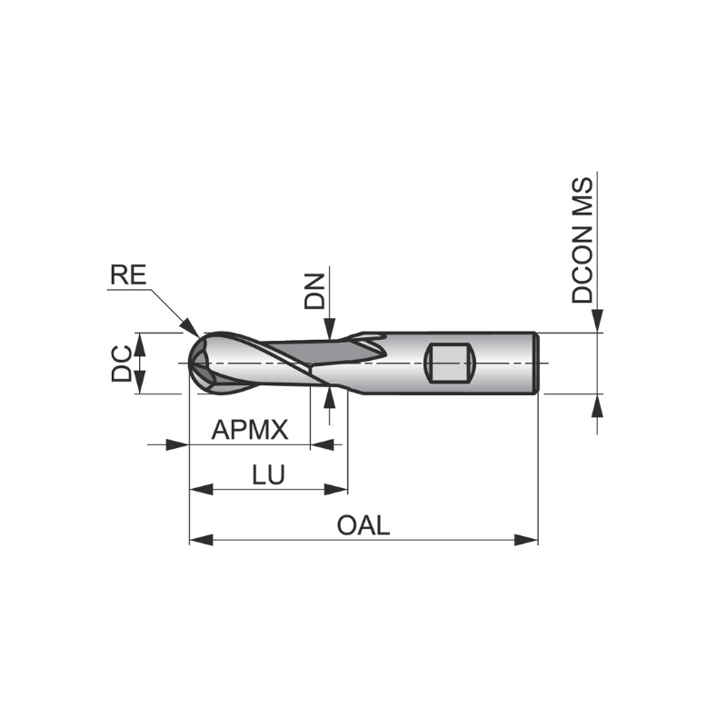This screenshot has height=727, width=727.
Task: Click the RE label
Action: [127, 275]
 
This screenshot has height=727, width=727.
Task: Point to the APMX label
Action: [249, 430]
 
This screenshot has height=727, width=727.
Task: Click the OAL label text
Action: [363, 525]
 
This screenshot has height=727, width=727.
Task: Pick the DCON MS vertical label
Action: [583, 240]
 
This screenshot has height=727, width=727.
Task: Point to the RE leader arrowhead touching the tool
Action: [192, 328]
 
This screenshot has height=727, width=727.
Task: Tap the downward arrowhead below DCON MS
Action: [597, 323]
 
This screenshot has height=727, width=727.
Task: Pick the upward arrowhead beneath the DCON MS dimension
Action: [597, 405]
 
